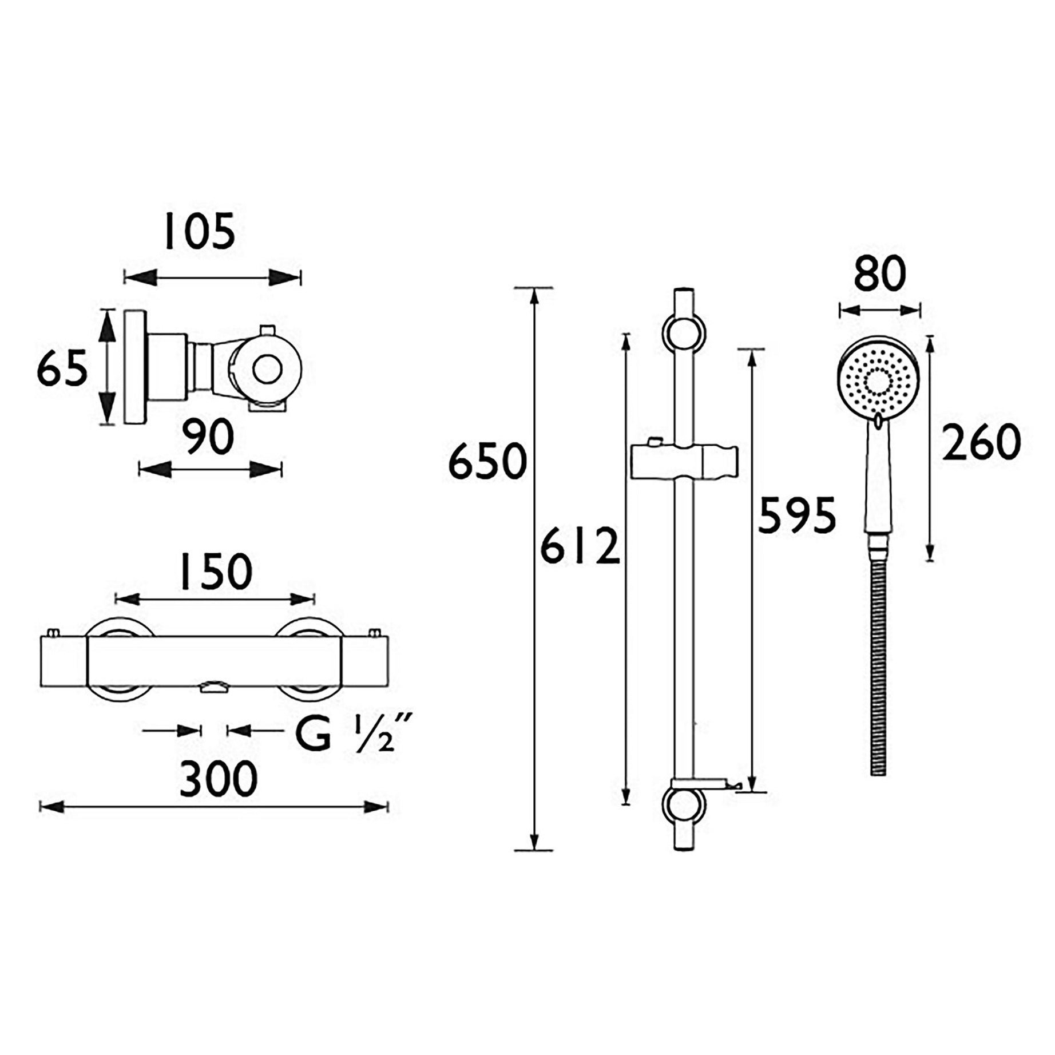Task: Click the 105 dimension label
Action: [199, 232]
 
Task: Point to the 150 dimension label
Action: [215, 572]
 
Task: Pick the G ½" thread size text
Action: [351, 735]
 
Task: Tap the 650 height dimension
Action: [486, 461]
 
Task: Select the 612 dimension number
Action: [580, 546]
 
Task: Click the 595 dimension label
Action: [796, 515]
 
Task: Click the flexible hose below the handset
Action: [878, 658]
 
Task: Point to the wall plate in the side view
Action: [135, 367]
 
